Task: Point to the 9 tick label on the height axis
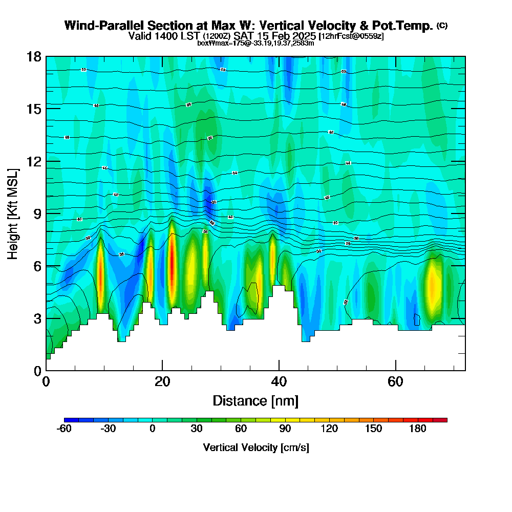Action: coord(37,213)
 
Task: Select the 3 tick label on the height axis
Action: coord(37,318)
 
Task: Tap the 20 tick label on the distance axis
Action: coord(162,381)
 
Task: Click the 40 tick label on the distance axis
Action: coord(279,381)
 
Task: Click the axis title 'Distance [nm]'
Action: coord(255,400)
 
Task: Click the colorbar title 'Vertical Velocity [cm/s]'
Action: coord(256,447)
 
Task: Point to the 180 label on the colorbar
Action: coord(418,429)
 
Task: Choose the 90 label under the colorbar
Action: coord(285,429)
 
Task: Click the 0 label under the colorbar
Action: coord(153,429)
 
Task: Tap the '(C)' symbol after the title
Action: coord(442,26)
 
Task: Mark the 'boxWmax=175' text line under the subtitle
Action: coord(255,43)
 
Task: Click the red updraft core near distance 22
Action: coord(172,266)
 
